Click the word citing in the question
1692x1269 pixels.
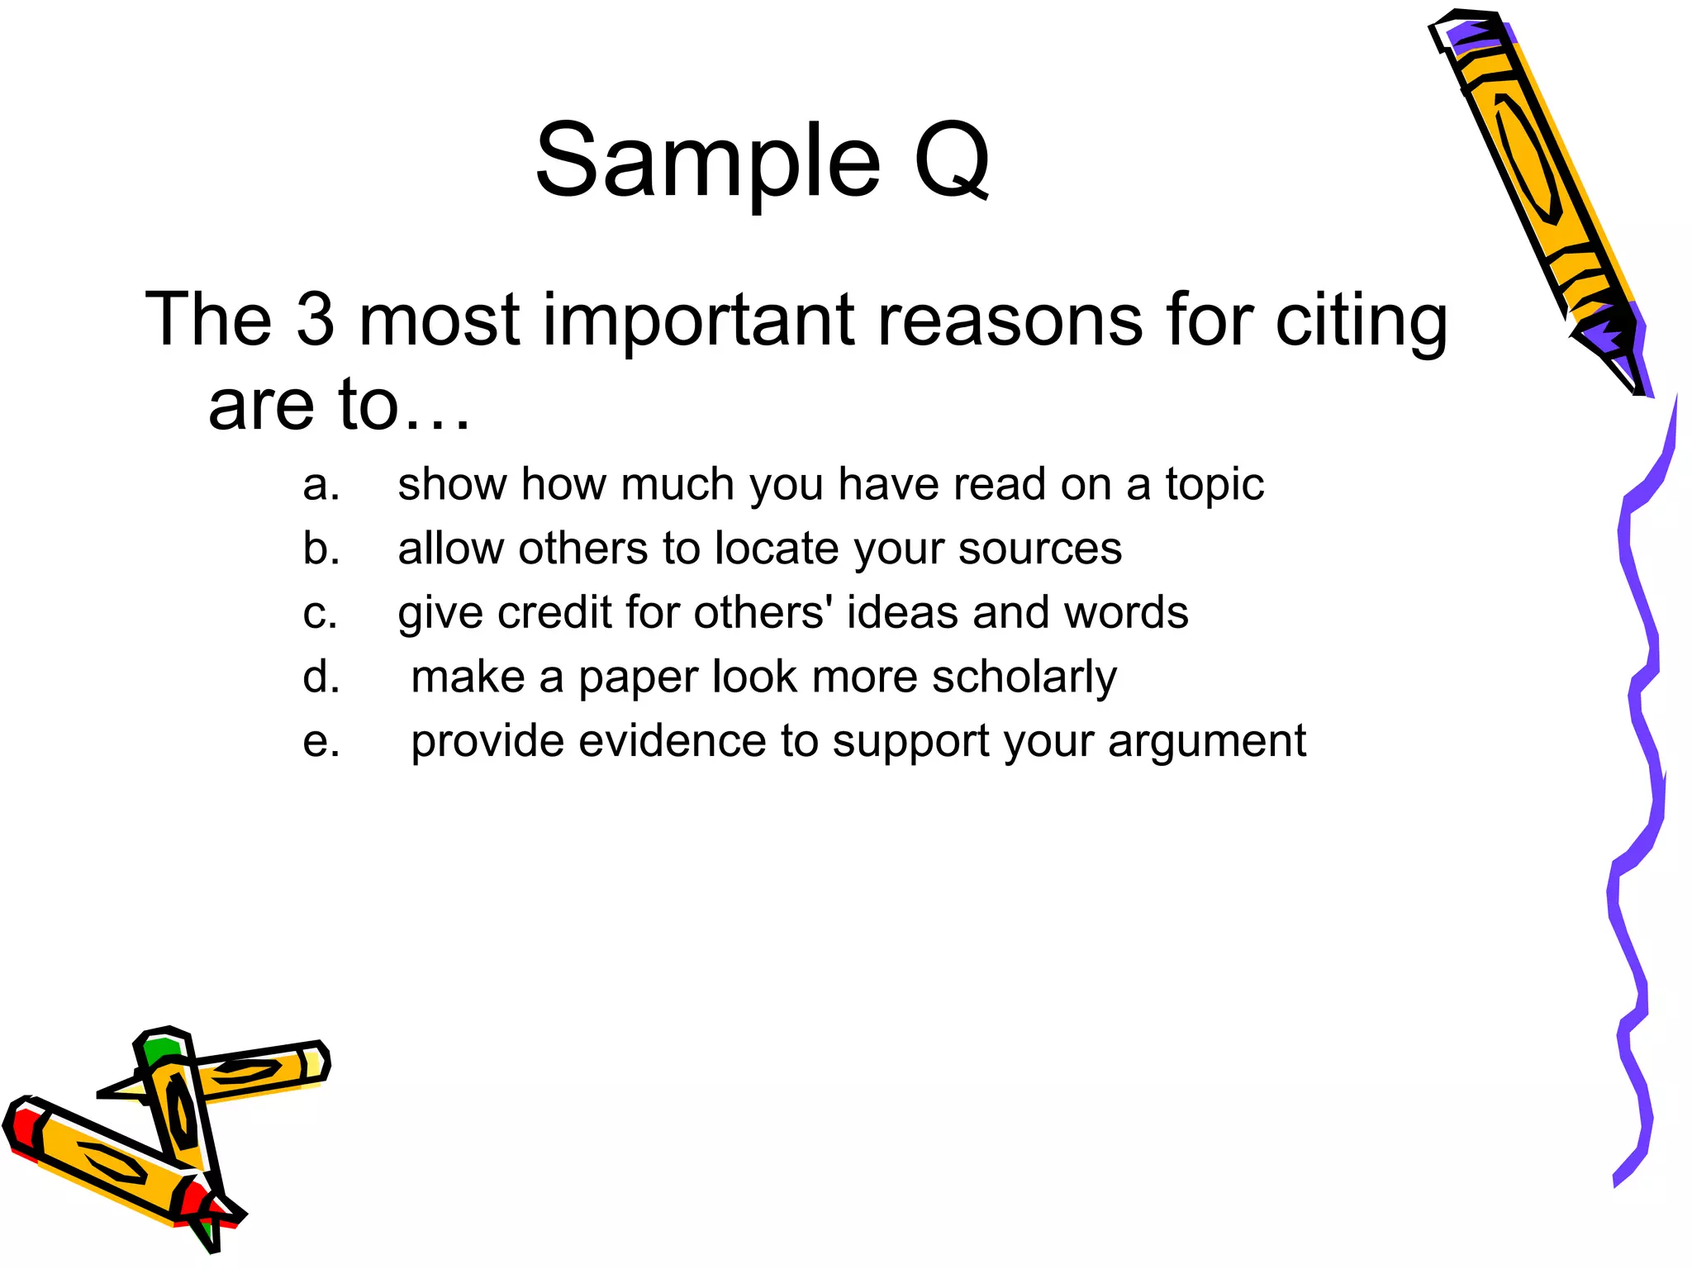[1361, 322]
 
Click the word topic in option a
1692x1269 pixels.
[1214, 486]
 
